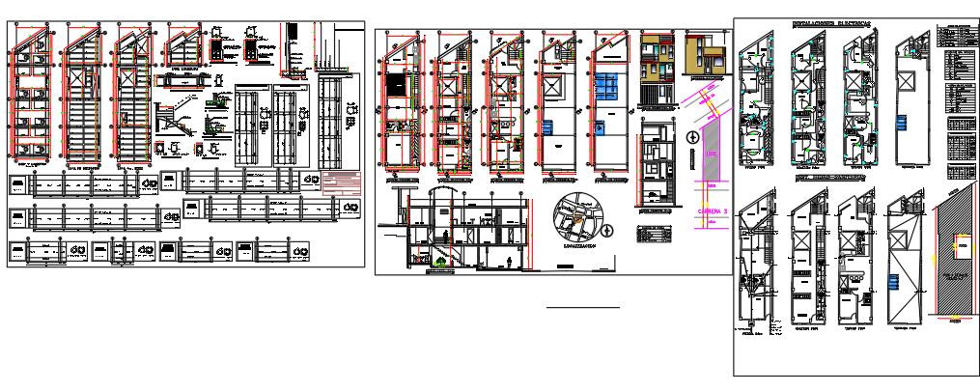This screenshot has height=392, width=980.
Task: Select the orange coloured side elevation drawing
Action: tap(704, 53)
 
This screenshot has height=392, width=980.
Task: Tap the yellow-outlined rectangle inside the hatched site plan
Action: tap(963, 247)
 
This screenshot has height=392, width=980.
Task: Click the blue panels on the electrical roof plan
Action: tap(903, 124)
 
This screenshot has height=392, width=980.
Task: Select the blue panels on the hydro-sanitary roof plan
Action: tap(895, 280)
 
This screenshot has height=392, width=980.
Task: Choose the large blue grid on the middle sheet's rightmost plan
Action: tap(607, 84)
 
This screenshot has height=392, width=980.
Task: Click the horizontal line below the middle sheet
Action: tap(582, 307)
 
